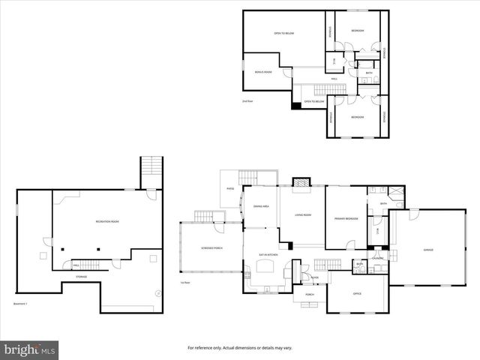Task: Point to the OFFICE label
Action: click(357, 293)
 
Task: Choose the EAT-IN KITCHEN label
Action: click(268, 255)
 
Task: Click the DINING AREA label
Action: click(261, 205)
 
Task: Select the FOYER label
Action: click(314, 277)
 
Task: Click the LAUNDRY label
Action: click(377, 259)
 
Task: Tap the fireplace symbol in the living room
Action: click(300, 181)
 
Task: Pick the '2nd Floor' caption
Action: click(247, 100)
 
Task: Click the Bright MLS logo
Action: click(29, 349)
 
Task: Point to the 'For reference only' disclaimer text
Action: click(239, 348)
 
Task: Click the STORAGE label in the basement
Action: click(80, 277)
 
